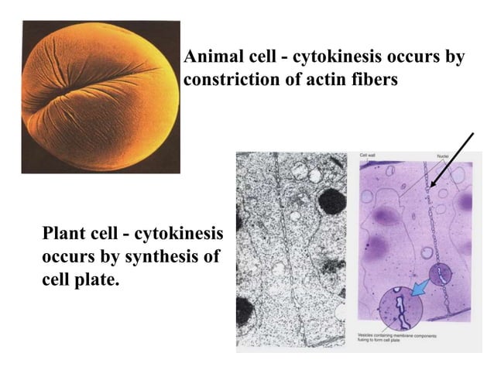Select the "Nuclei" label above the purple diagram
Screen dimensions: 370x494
[444, 156]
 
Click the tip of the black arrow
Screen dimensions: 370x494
[431, 187]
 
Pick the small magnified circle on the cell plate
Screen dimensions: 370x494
[441, 274]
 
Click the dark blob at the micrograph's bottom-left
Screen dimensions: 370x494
[245, 310]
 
